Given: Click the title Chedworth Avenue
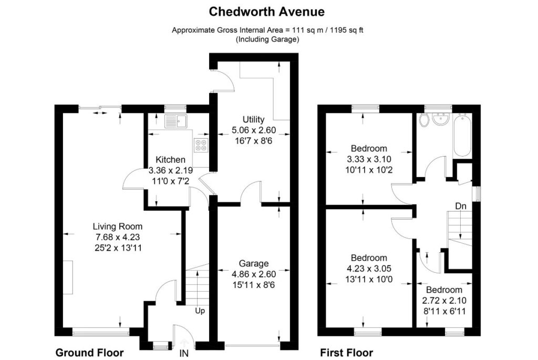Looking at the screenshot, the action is [266, 12].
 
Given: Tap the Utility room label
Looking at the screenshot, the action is [254, 119].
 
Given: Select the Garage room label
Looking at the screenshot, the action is [254, 263].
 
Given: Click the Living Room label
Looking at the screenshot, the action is [118, 226].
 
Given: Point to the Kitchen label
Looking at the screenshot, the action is [171, 160].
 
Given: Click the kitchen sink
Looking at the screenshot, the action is [175, 121].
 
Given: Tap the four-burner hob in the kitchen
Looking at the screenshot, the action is [200, 145].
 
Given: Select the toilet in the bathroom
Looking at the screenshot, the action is [424, 120].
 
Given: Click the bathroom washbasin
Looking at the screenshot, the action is [441, 119].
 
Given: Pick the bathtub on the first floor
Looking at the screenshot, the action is [462, 136].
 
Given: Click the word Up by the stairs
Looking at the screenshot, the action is [200, 311].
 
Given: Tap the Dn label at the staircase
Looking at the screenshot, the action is [461, 206].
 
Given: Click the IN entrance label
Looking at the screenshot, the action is [184, 353].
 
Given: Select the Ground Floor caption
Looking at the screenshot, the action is [89, 353].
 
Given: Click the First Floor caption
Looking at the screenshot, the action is [347, 353].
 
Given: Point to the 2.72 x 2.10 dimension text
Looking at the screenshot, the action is [444, 301].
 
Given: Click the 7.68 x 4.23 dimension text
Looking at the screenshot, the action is [118, 237].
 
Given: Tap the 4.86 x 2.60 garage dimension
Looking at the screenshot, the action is [254, 274].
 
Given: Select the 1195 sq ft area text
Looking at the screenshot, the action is [346, 30].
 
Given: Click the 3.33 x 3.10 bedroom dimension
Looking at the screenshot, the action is [369, 159].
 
